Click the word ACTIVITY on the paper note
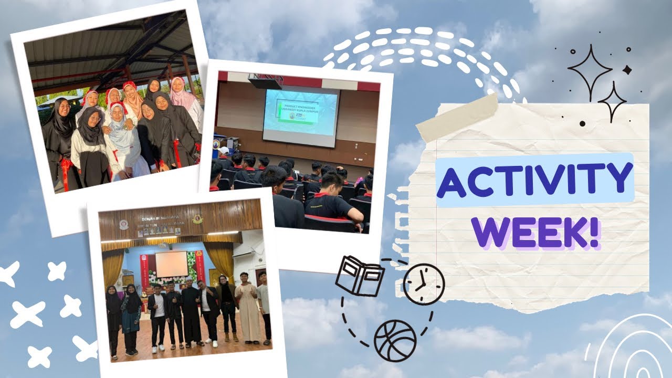click(x=534, y=180)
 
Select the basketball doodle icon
click(x=395, y=341)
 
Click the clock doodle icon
click(x=423, y=284)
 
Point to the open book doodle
click(x=360, y=275)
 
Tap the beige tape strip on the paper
click(x=456, y=119)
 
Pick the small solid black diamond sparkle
click(x=627, y=69)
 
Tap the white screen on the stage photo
click(x=171, y=264)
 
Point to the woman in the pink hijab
click(x=181, y=94)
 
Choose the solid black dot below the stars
click(x=582, y=124)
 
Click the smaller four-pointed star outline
click(x=612, y=101)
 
